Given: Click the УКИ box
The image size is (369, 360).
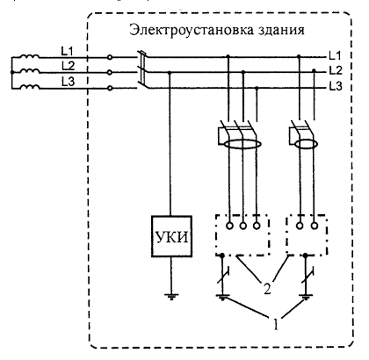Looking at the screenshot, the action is pos(171,236).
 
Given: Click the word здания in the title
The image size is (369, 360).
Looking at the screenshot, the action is pos(281,30).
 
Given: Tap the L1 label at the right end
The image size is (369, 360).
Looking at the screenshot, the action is pos(335,55).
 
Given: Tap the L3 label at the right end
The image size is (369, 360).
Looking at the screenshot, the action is pos(335,86).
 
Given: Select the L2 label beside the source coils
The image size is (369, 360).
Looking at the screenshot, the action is pos(68,66).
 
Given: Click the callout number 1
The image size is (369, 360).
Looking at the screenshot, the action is pos(276,324).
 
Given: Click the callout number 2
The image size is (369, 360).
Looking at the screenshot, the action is pos(267,289).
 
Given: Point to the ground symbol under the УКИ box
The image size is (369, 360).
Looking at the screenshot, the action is pos(170,297).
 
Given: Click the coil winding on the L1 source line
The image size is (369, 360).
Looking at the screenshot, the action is pos(30,56).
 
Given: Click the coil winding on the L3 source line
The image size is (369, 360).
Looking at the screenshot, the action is pos(30,86).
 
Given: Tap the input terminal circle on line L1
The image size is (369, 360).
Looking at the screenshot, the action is pos(110,58).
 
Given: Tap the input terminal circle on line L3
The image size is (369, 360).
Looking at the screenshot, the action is pos(110,88).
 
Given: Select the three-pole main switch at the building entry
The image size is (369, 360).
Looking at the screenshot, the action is pos(142,70).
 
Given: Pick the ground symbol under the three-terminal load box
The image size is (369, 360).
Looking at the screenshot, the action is pos(222,297).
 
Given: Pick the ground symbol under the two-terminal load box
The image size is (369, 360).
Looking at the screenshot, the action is pos(306,297).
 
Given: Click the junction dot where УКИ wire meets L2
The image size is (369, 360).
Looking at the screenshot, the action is pos(170,72).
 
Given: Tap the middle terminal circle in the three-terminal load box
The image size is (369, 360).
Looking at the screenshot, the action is pos(243,226).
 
